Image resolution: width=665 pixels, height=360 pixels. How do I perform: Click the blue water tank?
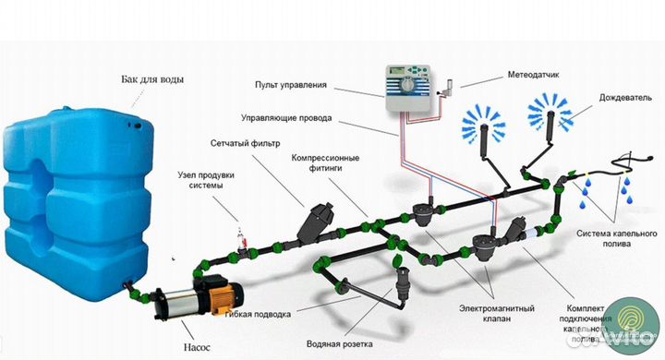(79, 203)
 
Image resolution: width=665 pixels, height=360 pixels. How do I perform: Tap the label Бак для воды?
(152, 79)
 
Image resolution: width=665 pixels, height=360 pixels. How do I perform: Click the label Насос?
(197, 347)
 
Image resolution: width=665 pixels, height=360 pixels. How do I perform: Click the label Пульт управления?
(291, 85)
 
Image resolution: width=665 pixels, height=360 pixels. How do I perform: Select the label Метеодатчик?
(533, 75)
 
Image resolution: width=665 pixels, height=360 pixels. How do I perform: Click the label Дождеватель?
(625, 98)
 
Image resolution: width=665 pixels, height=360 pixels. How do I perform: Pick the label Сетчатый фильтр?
(245, 143)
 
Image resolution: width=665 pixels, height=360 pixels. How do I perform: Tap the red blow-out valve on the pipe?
(242, 241)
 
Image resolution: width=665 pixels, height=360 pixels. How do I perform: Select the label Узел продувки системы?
(206, 180)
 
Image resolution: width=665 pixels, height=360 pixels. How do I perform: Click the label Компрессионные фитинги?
(325, 162)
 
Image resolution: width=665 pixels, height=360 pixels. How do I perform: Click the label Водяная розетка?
(340, 344)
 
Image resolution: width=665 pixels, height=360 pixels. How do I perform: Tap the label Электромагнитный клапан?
(497, 313)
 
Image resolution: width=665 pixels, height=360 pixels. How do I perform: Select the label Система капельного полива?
(617, 239)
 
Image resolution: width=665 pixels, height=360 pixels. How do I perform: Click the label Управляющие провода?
(286, 118)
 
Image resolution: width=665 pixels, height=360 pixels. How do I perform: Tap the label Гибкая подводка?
(258, 314)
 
